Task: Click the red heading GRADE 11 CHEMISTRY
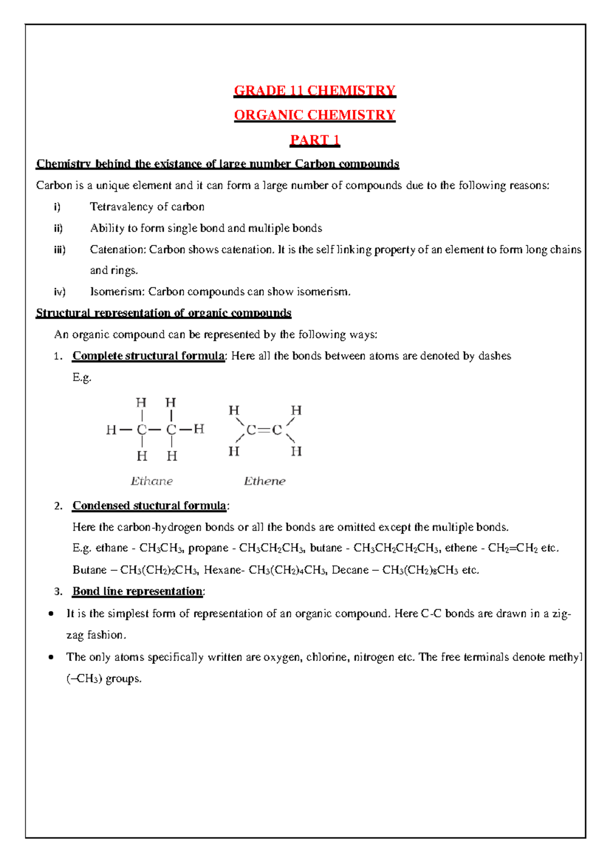click(314, 91)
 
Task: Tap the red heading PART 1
click(314, 140)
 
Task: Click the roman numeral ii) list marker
click(58, 228)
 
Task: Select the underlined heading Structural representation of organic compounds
click(163, 313)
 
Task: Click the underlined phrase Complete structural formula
click(148, 356)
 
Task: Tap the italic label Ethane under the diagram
click(151, 481)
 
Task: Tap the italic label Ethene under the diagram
click(264, 481)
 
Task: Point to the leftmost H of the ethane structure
click(111, 430)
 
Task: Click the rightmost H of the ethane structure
click(199, 429)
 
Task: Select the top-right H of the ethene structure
click(296, 410)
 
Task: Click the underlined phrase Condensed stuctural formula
click(149, 506)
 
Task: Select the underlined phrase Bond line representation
click(137, 592)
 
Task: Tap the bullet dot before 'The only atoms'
click(51, 657)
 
